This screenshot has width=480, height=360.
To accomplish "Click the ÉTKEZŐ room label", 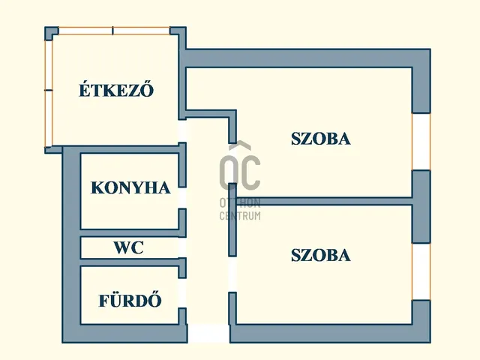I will pyautogui.click(x=116, y=91).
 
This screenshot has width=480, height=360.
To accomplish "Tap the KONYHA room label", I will pyautogui.click(x=130, y=187).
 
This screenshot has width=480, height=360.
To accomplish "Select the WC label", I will pyautogui.click(x=129, y=247).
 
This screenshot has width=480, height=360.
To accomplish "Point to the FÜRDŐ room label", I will pyautogui.click(x=130, y=301).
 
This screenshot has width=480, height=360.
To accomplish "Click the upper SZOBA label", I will pyautogui.click(x=321, y=139).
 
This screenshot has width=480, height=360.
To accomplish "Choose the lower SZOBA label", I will pyautogui.click(x=320, y=255).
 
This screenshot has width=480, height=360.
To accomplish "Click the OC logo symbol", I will pyautogui.click(x=239, y=168).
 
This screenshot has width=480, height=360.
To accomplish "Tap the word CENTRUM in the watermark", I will pyautogui.click(x=239, y=216).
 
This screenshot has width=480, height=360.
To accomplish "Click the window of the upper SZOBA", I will pyautogui.click(x=421, y=142).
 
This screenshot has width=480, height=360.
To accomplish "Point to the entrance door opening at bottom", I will pyautogui.click(x=208, y=334).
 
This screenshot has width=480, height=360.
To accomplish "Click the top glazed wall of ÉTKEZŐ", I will pyautogui.click(x=113, y=31).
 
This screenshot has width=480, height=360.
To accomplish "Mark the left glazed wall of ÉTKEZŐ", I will pyautogui.click(x=49, y=90).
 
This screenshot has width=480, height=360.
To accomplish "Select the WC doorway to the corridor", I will pyautogui.click(x=182, y=247).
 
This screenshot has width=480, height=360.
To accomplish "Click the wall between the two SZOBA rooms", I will pyautogui.click(x=322, y=201).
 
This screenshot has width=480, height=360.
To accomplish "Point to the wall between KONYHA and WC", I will pyautogui.click(x=129, y=233).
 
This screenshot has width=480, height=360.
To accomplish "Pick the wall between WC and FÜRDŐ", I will pyautogui.click(x=129, y=262).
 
